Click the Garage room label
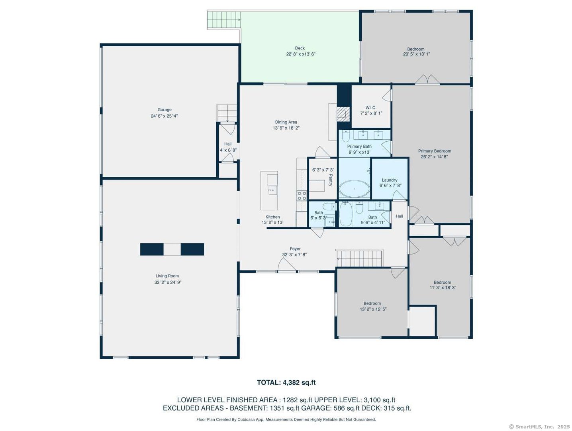tap(165, 110)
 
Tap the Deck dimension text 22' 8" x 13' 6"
tap(300, 54)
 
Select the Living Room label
tap(167, 276)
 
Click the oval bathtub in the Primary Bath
tap(354, 188)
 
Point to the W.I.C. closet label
tap(371, 108)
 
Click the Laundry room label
tap(390, 180)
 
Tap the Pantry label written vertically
tap(330, 180)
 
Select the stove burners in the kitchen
tap(302, 196)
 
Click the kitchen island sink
tap(272, 190)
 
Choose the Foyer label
tap(295, 249)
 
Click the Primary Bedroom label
tap(435, 151)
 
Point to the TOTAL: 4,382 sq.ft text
tap(286, 382)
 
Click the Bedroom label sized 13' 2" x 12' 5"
tap(372, 303)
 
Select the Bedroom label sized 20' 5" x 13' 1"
tap(416, 49)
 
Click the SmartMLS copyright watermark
tap(539, 427)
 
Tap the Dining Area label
tap(286, 122)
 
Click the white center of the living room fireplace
tap(172, 249)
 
